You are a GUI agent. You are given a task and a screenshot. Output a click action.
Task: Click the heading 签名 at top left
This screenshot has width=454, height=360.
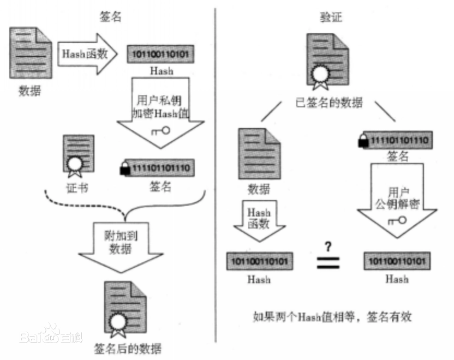[x=111, y=17]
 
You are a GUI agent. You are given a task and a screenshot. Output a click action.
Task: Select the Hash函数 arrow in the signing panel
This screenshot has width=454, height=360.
[x=87, y=53]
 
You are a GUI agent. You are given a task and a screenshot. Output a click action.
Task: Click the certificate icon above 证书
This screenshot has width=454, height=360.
[x=76, y=155]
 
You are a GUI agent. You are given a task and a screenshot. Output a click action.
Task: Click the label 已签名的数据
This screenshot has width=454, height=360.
[x=327, y=103]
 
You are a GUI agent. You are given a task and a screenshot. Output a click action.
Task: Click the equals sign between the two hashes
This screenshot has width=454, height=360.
[x=328, y=261]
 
